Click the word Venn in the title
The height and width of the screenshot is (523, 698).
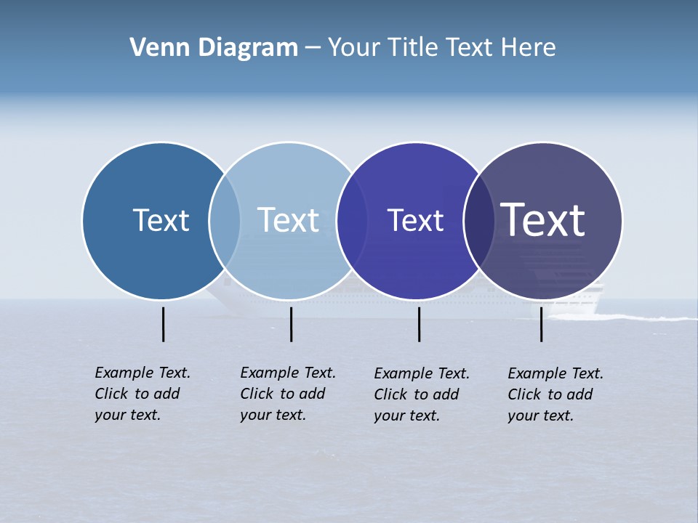tap(156, 48)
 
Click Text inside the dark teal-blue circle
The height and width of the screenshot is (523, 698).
tap(161, 220)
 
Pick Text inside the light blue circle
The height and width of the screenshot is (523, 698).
tap(288, 220)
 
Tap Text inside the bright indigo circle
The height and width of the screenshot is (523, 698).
tap(415, 221)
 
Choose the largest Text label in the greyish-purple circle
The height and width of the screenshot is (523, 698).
tap(543, 220)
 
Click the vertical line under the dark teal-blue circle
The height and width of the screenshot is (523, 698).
tap(164, 324)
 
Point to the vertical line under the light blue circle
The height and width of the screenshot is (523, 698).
tap(291, 324)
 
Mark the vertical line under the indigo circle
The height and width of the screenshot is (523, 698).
tap(419, 324)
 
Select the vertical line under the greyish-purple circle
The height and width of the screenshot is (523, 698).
tap(541, 324)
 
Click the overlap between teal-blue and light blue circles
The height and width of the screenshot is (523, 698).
tap(225, 221)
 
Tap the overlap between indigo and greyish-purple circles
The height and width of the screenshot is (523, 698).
tap(479, 221)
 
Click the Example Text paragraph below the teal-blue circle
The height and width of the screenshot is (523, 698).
tap(143, 394)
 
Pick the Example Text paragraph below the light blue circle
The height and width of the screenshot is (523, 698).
tap(288, 394)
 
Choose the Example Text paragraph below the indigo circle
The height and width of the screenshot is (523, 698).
tap(422, 394)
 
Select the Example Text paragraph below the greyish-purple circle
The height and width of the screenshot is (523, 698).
tap(555, 394)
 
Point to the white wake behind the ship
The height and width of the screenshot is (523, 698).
tap(647, 317)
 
